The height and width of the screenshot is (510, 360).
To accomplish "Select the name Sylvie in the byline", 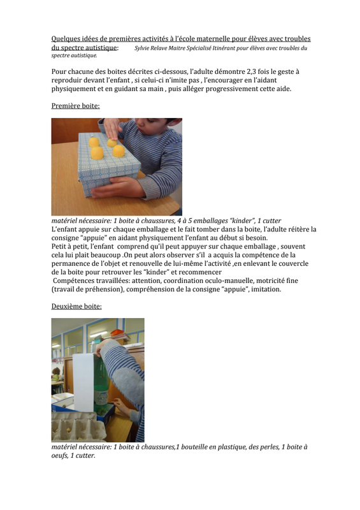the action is [x=142, y=48].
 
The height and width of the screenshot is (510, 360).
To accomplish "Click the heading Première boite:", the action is [x=75, y=106].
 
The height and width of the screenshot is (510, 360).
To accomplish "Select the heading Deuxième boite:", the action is [x=76, y=307].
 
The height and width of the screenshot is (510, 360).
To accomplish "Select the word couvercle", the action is [x=292, y=263].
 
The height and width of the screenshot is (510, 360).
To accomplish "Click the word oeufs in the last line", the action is [x=59, y=456].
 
